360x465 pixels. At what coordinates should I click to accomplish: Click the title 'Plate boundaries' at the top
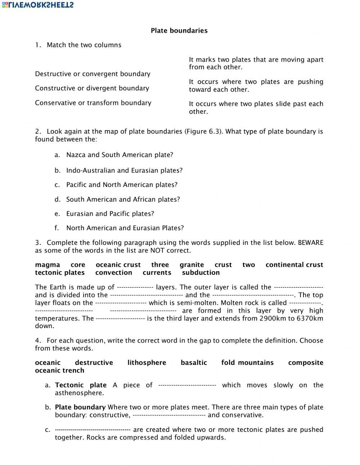[x=179, y=31]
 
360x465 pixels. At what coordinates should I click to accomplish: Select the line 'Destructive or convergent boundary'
[x=93, y=74]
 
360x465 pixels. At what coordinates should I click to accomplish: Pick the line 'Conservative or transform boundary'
[x=93, y=103]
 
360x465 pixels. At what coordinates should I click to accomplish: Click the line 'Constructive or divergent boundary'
[x=92, y=88]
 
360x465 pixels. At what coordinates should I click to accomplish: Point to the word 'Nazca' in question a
[x=76, y=155]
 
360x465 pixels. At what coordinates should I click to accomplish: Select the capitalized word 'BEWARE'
[x=310, y=242]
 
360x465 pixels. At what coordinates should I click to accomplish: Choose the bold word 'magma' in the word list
[x=48, y=265]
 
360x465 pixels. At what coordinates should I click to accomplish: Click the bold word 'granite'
[x=192, y=265]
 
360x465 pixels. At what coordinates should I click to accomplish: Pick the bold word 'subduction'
[x=201, y=273]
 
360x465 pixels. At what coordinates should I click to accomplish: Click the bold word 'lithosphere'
[x=147, y=363]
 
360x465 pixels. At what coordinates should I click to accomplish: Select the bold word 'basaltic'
[x=194, y=363]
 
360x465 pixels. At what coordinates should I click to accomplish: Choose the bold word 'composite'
[x=305, y=363]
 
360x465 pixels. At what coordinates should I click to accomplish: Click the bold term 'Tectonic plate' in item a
[x=81, y=385]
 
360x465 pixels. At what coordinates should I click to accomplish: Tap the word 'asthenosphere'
[x=79, y=393]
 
